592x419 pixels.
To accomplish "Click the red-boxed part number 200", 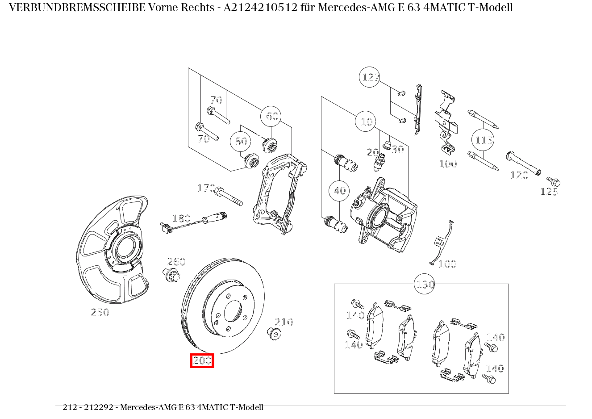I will click(202, 360).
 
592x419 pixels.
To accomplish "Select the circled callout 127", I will click(370, 77).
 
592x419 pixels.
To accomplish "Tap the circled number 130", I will click(425, 284).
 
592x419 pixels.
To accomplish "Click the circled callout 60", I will click(272, 117).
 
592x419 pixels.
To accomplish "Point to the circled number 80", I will click(241, 141).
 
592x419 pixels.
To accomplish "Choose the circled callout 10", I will click(367, 122).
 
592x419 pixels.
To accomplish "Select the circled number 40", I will click(340, 191).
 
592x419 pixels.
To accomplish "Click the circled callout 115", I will click(484, 140).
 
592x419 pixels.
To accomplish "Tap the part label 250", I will click(100, 312).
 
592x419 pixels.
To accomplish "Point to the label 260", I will click(176, 262).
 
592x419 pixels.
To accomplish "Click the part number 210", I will click(283, 322).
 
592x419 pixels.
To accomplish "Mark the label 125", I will click(549, 192).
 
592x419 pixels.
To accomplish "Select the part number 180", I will click(181, 218).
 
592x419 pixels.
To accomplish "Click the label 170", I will click(206, 188).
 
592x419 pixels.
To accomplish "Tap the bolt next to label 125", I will click(554, 182).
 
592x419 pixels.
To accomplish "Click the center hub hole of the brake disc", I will click(233, 311).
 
